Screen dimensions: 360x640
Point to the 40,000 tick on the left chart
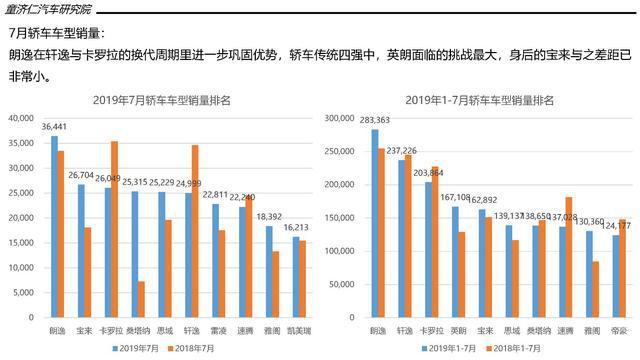20,119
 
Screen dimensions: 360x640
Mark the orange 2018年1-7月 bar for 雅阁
596,290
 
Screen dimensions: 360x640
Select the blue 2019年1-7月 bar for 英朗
455,262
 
